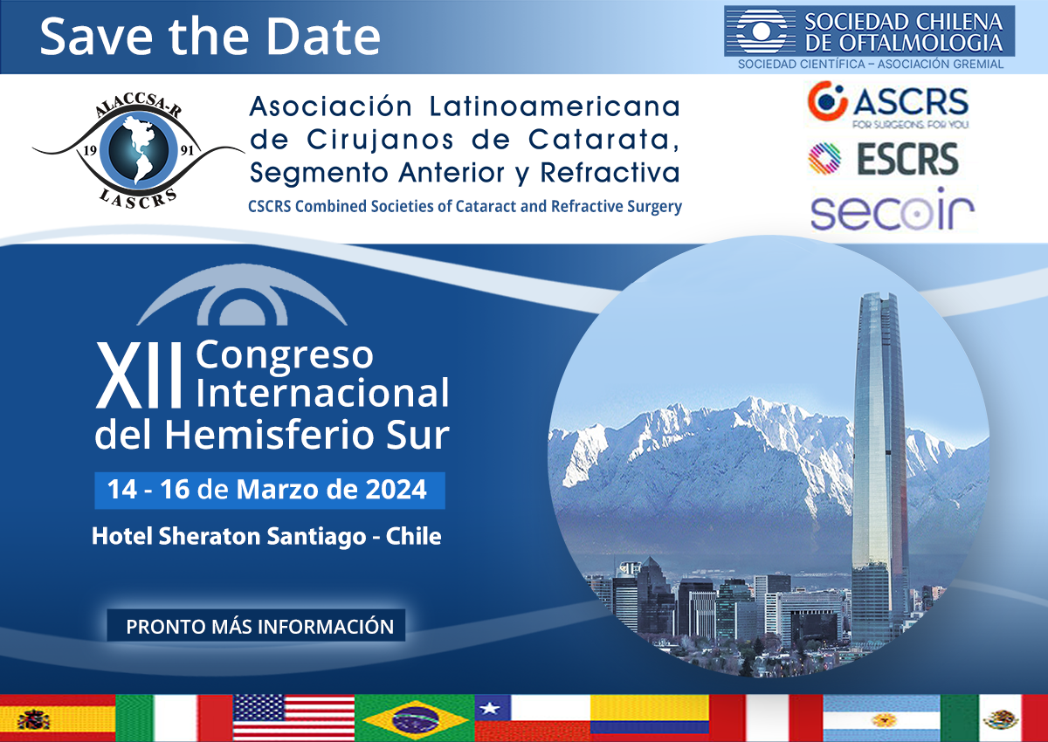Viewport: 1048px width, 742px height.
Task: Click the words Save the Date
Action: tap(210, 37)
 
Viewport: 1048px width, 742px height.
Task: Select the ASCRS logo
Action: tap(887, 105)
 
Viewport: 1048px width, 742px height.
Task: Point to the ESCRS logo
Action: tap(883, 159)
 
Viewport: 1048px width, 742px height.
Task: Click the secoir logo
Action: tap(893, 210)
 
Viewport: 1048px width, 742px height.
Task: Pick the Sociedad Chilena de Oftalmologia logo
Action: tap(870, 38)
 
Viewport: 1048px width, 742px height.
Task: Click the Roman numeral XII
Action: tap(139, 375)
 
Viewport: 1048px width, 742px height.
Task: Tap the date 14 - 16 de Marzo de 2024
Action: tap(267, 490)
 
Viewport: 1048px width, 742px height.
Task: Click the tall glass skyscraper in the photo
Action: tap(879, 468)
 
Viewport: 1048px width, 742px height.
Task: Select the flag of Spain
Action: tap(58, 718)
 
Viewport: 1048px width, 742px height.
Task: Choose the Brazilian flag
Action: tap(415, 718)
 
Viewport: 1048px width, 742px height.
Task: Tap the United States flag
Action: tap(293, 718)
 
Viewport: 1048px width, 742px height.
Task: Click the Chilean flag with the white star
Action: tap(533, 718)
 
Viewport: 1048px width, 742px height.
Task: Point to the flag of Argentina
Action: tap(881, 718)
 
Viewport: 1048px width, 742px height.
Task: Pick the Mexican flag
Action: tap(994, 718)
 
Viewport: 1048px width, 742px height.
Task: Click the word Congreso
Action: tap(285, 356)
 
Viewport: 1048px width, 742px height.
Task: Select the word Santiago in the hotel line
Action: tap(316, 537)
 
